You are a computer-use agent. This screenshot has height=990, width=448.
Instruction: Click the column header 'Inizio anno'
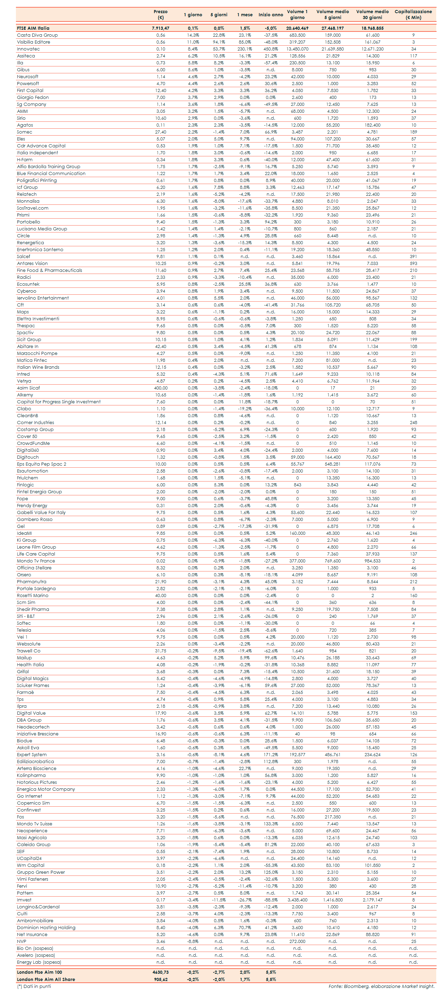[270, 15]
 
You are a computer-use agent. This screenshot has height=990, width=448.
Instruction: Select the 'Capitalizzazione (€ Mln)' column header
[413, 15]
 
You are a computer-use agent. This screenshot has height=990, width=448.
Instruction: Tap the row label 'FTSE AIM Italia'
[33, 28]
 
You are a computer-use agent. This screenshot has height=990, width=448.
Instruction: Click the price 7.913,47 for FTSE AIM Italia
[160, 28]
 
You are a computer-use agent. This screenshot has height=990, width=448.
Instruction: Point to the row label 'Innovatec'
[28, 49]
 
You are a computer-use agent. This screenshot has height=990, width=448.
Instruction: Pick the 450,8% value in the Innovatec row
[270, 49]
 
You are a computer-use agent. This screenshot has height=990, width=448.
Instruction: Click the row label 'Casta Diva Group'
[37, 35]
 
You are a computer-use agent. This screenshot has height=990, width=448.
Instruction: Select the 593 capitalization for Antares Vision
[413, 263]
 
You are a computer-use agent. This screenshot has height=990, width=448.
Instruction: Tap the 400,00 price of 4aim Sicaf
[160, 388]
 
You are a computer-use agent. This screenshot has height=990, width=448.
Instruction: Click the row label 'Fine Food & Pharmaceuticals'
[49, 270]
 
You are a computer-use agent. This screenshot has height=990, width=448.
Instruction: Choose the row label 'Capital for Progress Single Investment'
[59, 402]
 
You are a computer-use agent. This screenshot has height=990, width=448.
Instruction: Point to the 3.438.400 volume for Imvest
[297, 900]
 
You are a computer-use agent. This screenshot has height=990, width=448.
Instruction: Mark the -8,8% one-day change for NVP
[192, 941]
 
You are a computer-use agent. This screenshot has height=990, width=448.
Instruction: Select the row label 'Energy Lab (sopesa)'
[39, 962]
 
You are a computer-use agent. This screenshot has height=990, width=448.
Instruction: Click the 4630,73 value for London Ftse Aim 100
[160, 972]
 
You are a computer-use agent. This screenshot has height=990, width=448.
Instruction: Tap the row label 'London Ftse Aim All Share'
[46, 979]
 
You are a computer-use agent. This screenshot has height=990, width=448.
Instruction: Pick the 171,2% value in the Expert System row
[270, 754]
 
